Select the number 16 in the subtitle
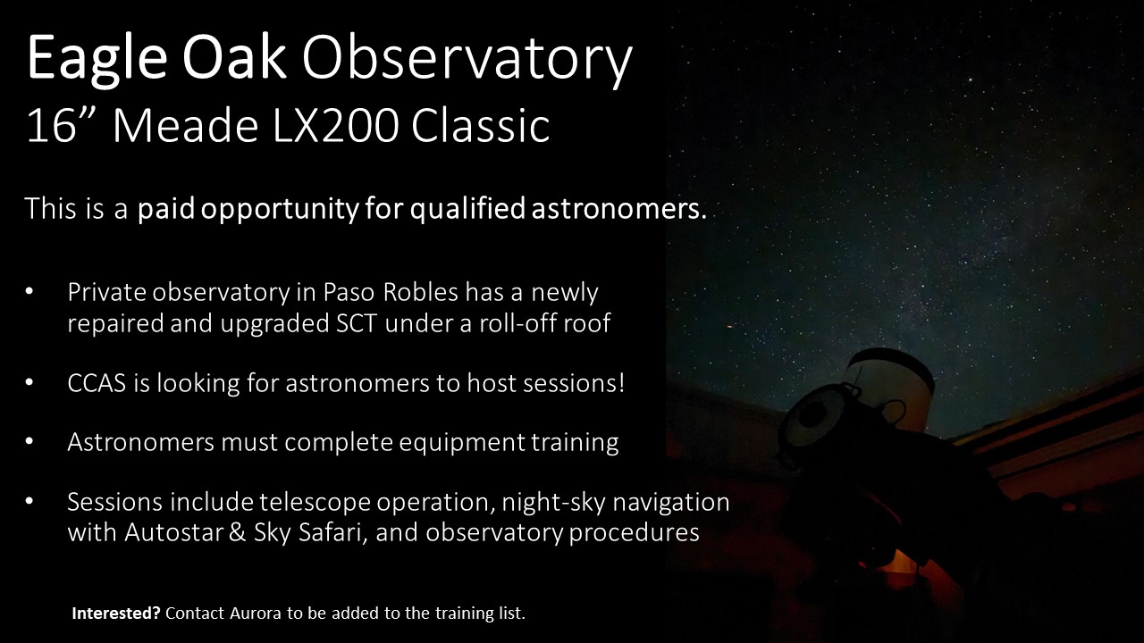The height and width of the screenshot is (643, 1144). click(51, 126)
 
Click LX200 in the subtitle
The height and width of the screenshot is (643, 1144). click(335, 126)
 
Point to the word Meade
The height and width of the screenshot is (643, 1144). click(186, 126)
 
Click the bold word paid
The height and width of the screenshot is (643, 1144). click(166, 209)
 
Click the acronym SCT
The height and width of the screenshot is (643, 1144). click(357, 323)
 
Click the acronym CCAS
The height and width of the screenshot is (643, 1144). click(97, 383)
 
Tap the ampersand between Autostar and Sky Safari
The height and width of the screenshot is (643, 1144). click(237, 532)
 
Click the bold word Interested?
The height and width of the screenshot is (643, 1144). click(116, 613)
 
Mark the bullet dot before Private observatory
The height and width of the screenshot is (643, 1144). click(29, 291)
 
